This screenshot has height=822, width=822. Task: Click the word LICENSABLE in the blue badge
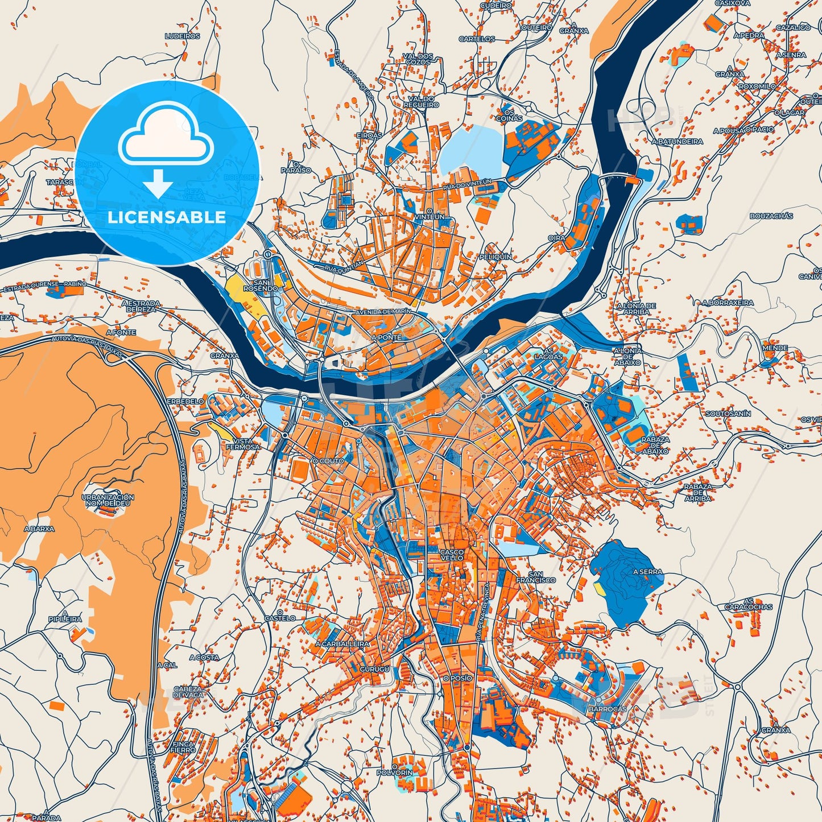(x=166, y=217)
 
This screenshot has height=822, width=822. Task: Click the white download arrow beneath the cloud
(x=158, y=183)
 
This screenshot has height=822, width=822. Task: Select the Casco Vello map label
(x=452, y=555)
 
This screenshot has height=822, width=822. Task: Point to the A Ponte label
(x=386, y=337)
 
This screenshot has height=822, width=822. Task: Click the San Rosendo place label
(x=261, y=285)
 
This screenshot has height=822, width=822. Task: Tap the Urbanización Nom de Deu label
(x=108, y=500)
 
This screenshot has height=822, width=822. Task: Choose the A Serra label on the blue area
(x=647, y=572)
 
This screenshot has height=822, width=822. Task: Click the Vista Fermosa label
(x=242, y=444)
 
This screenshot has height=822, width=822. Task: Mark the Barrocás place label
(x=608, y=709)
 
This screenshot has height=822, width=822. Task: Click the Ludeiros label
(x=182, y=36)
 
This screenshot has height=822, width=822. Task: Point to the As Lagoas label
(x=548, y=353)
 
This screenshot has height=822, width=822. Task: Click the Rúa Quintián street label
(x=343, y=266)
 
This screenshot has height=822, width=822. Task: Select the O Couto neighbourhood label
(x=328, y=461)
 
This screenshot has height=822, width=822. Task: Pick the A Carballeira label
(x=342, y=644)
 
